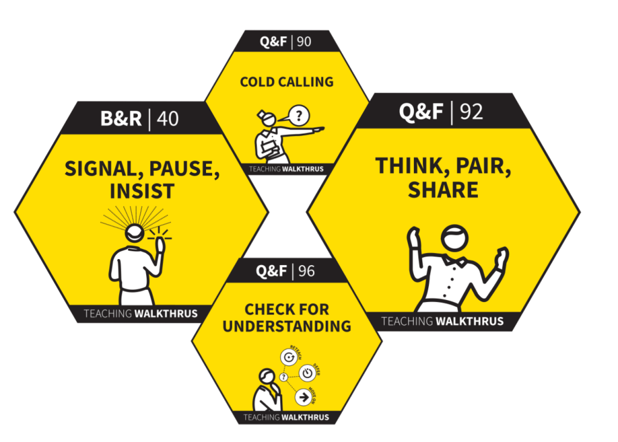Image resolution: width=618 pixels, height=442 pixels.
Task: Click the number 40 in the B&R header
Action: pyautogui.click(x=168, y=118)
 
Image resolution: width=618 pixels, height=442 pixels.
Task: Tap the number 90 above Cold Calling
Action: pyautogui.click(x=305, y=42)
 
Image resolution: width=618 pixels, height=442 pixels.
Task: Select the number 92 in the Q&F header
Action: pyautogui.click(x=472, y=112)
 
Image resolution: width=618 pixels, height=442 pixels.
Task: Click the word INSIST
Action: pyautogui.click(x=142, y=191)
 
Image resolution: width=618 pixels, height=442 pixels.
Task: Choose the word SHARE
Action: pyautogui.click(x=443, y=189)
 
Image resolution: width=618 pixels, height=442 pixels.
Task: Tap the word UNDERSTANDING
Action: pyautogui.click(x=287, y=326)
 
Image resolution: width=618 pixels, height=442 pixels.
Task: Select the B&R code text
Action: pyautogui.click(x=121, y=118)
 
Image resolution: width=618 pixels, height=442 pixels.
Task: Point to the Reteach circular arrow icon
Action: pyautogui.click(x=289, y=357)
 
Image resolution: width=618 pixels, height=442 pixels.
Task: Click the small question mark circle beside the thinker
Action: pyautogui.click(x=283, y=377)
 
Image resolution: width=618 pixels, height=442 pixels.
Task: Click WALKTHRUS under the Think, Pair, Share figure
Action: pyautogui.click(x=469, y=321)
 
